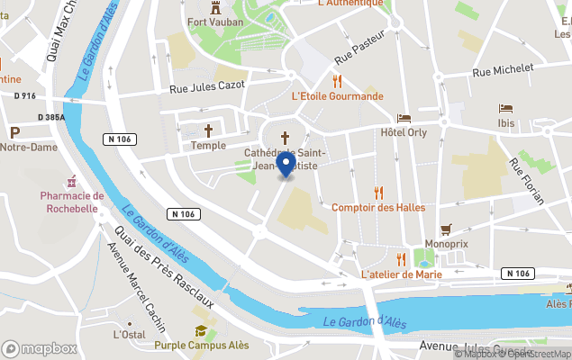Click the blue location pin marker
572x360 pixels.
point(286,165)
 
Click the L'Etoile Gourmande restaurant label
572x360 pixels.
point(337,96)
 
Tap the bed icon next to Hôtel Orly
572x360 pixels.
point(404,118)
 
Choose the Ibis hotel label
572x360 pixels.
point(505,123)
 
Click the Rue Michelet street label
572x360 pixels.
point(503,69)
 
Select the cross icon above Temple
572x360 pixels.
point(209,130)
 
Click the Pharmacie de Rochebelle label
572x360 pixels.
point(72,202)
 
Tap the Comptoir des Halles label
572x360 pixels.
point(378,208)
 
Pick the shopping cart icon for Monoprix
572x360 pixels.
point(445,229)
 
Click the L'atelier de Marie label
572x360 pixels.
point(401,274)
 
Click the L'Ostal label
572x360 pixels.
point(129,334)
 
